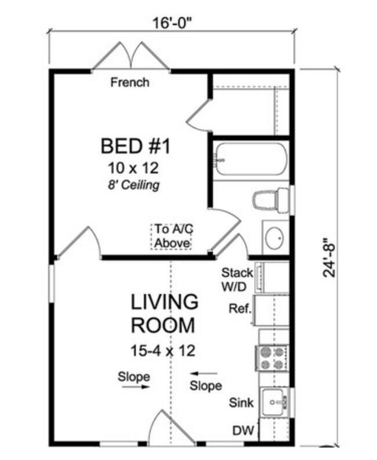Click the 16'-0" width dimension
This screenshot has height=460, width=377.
pyautogui.click(x=174, y=23)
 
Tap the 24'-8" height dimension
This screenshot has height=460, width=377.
pyautogui.click(x=329, y=257)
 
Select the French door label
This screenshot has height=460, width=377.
pyautogui.click(x=130, y=82)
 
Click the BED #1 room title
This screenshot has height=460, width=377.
pyautogui.click(x=135, y=146)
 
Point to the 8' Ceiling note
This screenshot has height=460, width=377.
pyautogui.click(x=134, y=185)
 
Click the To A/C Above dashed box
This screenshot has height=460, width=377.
pyautogui.click(x=172, y=236)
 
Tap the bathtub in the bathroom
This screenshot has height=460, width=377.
pyautogui.click(x=251, y=159)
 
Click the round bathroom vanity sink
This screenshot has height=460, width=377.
pyautogui.click(x=274, y=238)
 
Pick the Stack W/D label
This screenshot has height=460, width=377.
pyautogui.click(x=237, y=279)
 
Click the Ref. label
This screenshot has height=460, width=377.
pyautogui.click(x=240, y=308)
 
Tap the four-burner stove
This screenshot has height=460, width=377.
pyautogui.click(x=272, y=358)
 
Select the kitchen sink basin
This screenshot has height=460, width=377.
pyautogui.click(x=274, y=401)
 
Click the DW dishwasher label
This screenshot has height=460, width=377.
pyautogui.click(x=243, y=430)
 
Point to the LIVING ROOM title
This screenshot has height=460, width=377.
pyautogui.click(x=164, y=313)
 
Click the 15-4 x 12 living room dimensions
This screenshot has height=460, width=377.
pyautogui.click(x=163, y=351)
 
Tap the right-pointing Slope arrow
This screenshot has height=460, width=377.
pyautogui.click(x=136, y=387)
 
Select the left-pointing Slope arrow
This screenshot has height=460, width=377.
pyautogui.click(x=204, y=374)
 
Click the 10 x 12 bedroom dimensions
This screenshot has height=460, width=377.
pyautogui.click(x=133, y=168)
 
